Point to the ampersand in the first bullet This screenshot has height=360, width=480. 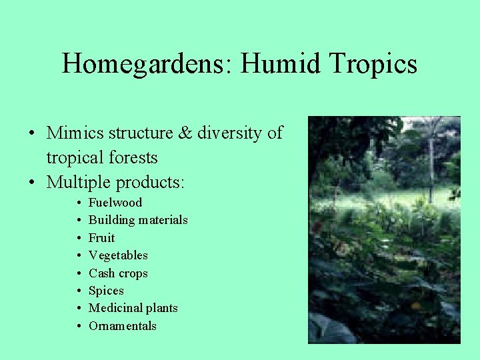[x=185, y=133]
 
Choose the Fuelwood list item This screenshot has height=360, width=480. [x=115, y=203]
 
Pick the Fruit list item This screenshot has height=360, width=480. [x=101, y=238]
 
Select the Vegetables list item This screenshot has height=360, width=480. [x=118, y=255]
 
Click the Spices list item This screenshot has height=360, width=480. [x=106, y=291]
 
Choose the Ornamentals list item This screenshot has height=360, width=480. [x=123, y=326]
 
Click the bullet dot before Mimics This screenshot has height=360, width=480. [x=32, y=134]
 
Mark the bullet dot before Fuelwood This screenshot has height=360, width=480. [x=79, y=203]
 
